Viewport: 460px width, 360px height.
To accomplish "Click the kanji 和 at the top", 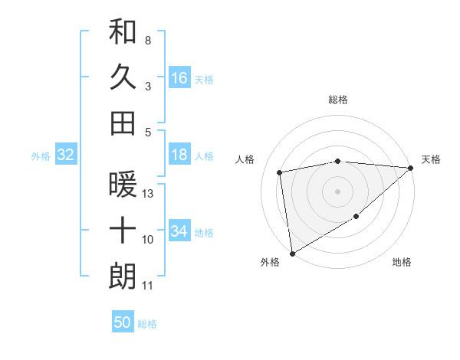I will (x=123, y=32).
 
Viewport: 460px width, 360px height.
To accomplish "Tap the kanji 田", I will (x=123, y=123).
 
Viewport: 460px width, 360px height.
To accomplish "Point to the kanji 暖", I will (x=123, y=185).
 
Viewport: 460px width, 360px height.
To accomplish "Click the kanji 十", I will (x=123, y=230).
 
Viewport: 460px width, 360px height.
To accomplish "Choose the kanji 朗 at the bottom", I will (x=123, y=276).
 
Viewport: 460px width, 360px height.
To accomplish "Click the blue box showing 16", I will (x=179, y=77).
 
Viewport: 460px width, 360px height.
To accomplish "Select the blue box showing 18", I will (x=179, y=155).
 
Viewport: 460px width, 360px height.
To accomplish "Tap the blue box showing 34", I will (x=179, y=231).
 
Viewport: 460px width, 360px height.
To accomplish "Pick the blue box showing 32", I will (x=66, y=155).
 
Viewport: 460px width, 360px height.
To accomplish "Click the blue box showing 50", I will (x=123, y=323).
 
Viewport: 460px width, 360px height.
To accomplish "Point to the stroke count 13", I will (x=149, y=194).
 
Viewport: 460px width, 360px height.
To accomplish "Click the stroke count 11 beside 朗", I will (x=149, y=286).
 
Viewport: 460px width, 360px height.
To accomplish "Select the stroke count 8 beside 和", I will (x=147, y=40).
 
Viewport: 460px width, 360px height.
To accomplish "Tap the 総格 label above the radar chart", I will (x=337, y=100).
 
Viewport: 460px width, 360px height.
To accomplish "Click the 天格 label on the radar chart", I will (x=431, y=159).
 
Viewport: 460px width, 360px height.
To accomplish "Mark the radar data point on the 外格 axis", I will (x=292, y=253).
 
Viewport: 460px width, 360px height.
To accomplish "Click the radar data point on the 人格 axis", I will (x=281, y=172).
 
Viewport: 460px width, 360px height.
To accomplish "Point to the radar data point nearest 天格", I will (x=411, y=167).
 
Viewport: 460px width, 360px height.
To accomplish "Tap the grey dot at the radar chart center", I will (x=337, y=191).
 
